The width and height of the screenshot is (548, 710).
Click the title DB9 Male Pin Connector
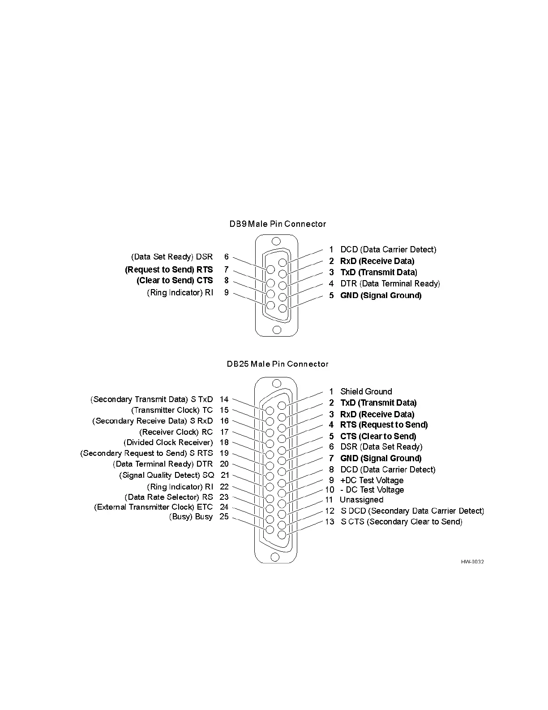tap(278, 224)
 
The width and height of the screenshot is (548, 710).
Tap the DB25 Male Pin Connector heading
tap(278, 364)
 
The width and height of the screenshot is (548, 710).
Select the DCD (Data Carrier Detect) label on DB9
tap(388, 250)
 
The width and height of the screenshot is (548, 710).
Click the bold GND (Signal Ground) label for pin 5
tap(381, 295)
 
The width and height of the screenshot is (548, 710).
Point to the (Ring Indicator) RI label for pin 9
tap(180, 293)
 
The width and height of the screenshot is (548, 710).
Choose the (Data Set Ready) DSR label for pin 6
tap(172, 257)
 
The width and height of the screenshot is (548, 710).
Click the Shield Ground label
tap(366, 391)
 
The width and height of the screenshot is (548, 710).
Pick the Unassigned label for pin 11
tap(361, 500)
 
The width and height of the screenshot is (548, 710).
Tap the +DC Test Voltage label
tap(372, 481)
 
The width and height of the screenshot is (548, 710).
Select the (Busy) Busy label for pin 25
tap(191, 517)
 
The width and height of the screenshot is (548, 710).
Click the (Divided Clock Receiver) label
tap(168, 442)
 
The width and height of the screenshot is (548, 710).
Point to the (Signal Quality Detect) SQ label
tap(167, 475)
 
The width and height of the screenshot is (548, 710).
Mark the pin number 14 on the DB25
tap(224, 399)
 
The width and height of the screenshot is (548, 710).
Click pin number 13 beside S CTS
tap(330, 522)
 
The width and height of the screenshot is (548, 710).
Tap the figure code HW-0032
tap(472, 562)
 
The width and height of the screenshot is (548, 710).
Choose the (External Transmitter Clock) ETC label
tap(153, 507)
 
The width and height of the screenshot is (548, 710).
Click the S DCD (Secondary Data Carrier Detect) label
tap(412, 511)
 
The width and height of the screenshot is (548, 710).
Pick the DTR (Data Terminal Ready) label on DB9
tap(390, 284)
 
